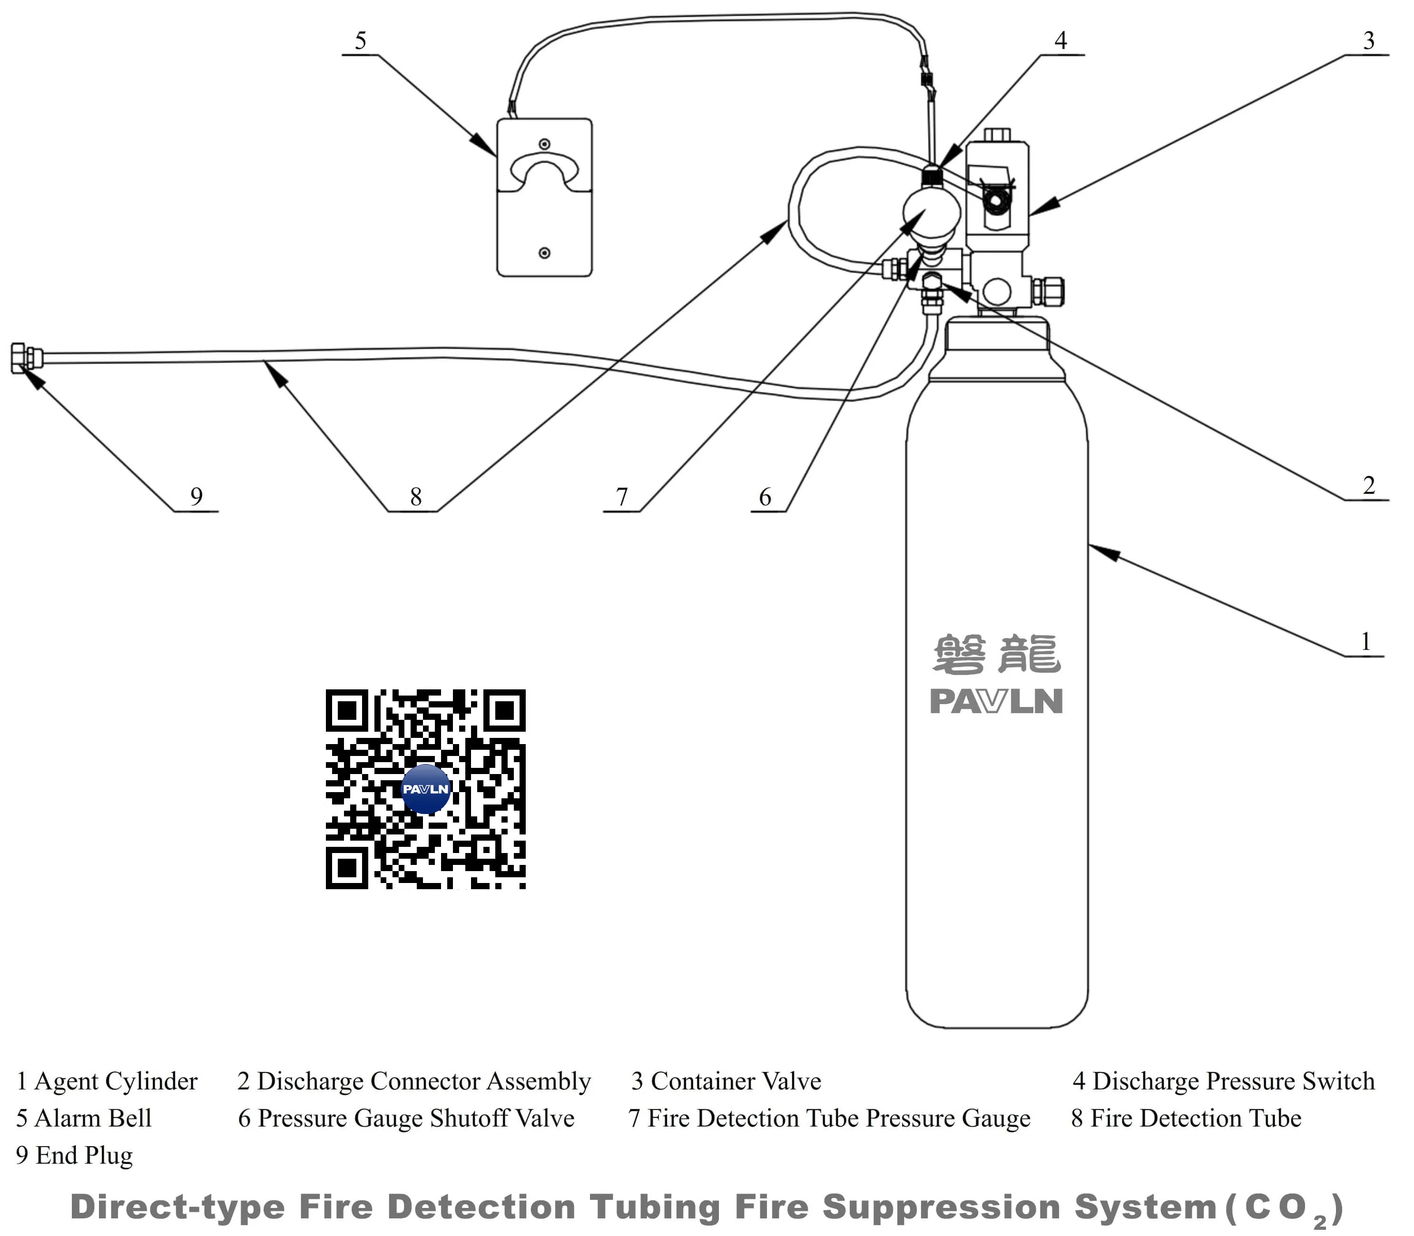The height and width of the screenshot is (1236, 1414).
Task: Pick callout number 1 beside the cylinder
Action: (1366, 641)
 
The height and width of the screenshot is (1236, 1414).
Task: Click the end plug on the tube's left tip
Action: (26, 358)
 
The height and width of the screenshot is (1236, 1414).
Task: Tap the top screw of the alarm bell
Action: (544, 144)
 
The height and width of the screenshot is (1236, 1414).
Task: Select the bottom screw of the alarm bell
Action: (544, 253)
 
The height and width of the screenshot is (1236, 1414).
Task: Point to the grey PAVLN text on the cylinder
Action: (996, 701)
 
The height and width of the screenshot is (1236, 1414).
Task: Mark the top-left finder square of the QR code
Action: (347, 710)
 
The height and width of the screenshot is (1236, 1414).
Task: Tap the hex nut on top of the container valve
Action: (997, 135)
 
